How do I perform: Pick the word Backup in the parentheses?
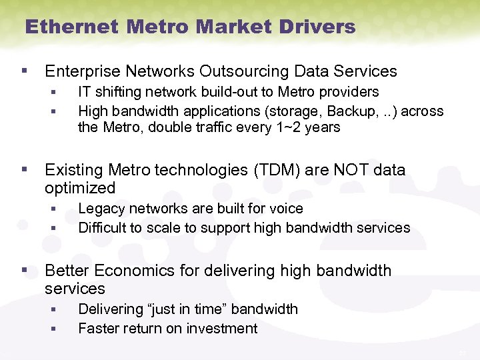[331, 110]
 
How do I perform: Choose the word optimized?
[79, 188]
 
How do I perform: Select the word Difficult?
[102, 228]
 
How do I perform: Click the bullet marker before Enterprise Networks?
[25, 70]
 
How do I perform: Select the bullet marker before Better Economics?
[25, 270]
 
